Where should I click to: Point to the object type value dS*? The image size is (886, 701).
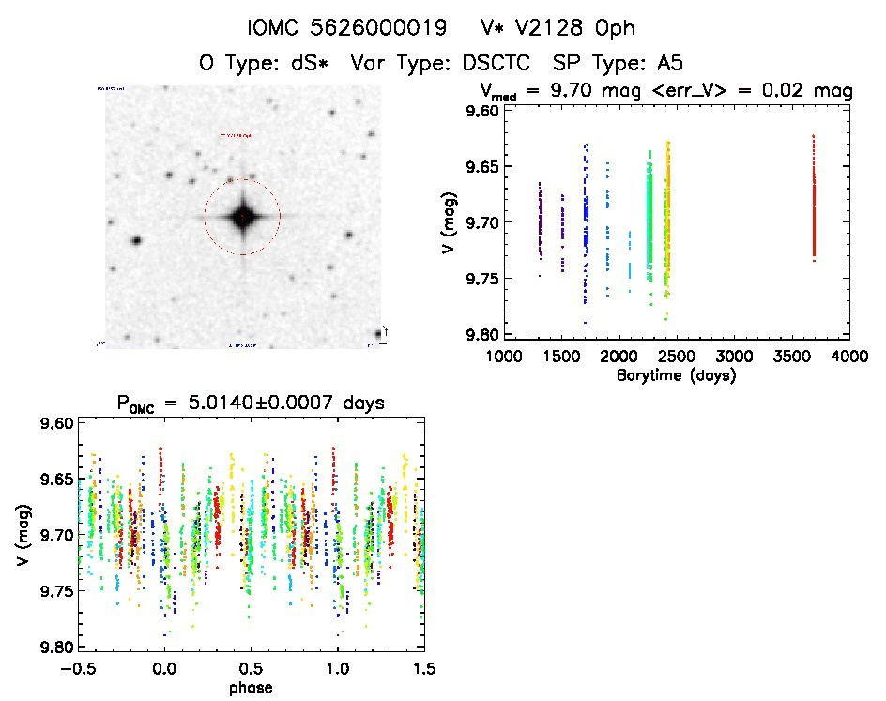click(x=310, y=64)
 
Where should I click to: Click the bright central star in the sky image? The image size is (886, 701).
click(x=242, y=217)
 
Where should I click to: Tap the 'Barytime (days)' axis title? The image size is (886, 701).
click(x=676, y=375)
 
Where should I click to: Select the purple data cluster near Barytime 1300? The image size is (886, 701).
click(x=541, y=221)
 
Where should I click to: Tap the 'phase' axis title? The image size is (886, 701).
click(x=250, y=688)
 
